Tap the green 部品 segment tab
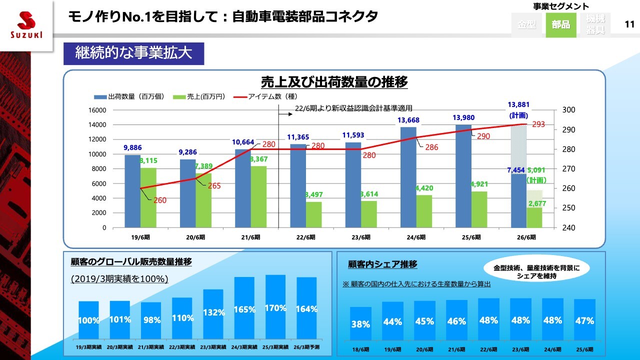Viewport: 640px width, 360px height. click(560, 24)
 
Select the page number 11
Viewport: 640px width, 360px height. click(629, 24)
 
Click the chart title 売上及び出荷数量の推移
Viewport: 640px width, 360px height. click(334, 81)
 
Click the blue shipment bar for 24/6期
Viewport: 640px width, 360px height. click(408, 177)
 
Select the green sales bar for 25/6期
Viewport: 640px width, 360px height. click(479, 209)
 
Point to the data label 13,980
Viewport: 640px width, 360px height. click(463, 118)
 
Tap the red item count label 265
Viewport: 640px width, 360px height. click(214, 186)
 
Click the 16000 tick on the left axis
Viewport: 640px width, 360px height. click(97, 110)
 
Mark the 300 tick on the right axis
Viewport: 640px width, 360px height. click(569, 110)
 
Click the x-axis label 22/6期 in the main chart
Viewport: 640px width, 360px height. click(305, 237)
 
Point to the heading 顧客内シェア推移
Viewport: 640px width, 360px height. click(382, 264)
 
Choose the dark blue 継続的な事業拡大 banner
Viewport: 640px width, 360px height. click(133, 53)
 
